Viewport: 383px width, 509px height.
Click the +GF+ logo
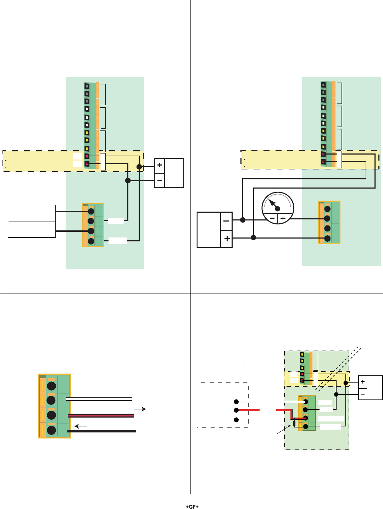point(192,507)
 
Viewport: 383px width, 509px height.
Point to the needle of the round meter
point(272,203)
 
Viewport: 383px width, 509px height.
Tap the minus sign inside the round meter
point(272,218)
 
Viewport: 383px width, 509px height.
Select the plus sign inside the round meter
point(283,218)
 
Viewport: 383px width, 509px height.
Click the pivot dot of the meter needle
point(278,209)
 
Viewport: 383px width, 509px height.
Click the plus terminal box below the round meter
point(227,239)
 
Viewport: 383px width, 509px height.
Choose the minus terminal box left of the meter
point(226,220)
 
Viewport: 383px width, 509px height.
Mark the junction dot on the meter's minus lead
point(243,220)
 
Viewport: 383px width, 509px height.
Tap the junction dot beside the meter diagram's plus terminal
point(253,237)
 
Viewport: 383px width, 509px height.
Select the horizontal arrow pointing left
point(81,426)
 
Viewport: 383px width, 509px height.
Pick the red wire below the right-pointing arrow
point(101,415)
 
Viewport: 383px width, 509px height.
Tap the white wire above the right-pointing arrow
point(99,399)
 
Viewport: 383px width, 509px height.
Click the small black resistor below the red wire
point(294,424)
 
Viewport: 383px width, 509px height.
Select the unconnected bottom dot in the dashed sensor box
point(236,420)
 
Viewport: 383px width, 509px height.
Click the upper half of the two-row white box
point(32,213)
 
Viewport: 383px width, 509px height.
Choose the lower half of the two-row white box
point(32,230)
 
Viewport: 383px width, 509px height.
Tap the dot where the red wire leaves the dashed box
point(236,410)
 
